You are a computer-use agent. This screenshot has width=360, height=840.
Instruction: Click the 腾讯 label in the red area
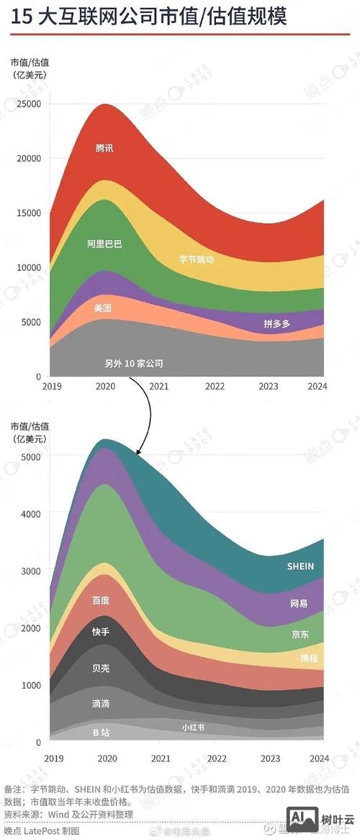click(105, 148)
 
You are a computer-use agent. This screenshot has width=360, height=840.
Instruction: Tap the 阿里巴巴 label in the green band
click(105, 244)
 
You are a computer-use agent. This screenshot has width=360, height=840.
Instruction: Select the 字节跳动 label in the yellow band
click(197, 259)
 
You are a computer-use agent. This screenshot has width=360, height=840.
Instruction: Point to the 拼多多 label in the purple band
click(276, 324)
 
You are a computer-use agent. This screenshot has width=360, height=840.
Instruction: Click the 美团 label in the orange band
click(104, 308)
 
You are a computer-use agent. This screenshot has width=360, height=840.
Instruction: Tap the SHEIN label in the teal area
click(300, 566)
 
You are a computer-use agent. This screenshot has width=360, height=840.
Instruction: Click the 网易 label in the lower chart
click(299, 603)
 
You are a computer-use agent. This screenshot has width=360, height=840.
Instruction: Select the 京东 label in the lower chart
click(300, 635)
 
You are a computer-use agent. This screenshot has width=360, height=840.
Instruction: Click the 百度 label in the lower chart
click(101, 600)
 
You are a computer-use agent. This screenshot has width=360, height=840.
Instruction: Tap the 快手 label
click(101, 632)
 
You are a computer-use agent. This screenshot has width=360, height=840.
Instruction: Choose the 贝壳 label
click(101, 668)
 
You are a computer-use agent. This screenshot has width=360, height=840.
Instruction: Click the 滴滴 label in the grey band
click(101, 703)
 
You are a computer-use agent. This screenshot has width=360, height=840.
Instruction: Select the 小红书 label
click(193, 728)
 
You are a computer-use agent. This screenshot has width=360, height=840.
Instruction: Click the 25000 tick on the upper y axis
click(29, 104)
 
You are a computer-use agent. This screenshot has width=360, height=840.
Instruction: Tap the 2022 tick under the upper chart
click(215, 387)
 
